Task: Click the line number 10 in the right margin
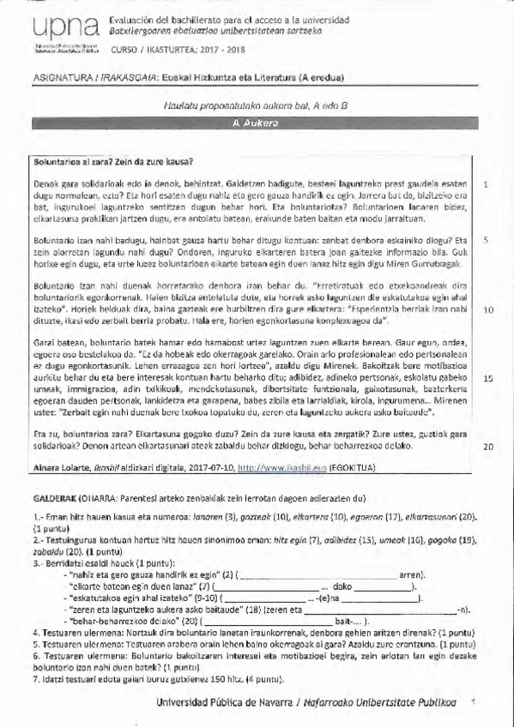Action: (487, 309)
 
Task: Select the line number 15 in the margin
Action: (487, 378)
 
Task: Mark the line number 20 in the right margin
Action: (487, 447)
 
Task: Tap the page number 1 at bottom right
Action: (473, 701)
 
